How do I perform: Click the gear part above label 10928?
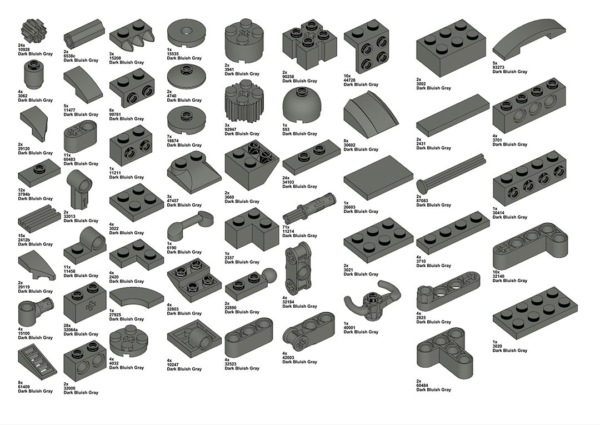pos(31,30)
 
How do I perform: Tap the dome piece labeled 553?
pos(300,106)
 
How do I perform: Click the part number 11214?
pos(288,232)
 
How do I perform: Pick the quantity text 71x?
pos(286,227)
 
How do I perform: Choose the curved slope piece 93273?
pos(529,39)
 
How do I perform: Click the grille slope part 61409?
pos(37,361)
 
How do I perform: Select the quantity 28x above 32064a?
pos(67,326)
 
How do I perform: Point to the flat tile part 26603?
pos(378,178)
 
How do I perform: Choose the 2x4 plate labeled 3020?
pos(534,314)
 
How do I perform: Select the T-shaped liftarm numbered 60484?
pos(444,353)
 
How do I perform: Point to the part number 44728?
pos(349,80)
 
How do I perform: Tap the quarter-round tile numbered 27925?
pos(137,298)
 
